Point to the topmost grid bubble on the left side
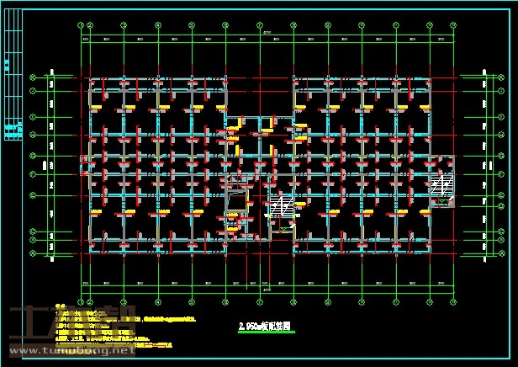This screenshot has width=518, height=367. [x=33, y=77]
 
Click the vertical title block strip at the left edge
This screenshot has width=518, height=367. [x=12, y=80]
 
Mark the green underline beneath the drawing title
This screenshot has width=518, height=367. [x=267, y=332]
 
